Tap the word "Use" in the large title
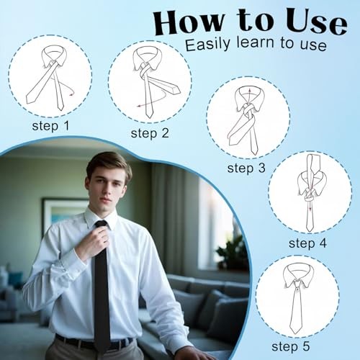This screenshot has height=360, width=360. pos(316,23)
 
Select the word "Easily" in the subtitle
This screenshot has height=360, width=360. pos(207,44)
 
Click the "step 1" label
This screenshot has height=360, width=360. pos(50,126)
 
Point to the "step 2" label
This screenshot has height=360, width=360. pos(150,133)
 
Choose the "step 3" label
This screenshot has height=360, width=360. pos(246,168)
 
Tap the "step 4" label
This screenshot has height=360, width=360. pos(307,243)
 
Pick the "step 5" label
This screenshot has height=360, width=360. pos(291,346)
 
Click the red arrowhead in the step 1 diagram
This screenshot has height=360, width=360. pos(71,95)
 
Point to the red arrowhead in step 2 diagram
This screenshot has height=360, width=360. pos(139,106)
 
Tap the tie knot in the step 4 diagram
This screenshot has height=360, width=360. pos(309,197)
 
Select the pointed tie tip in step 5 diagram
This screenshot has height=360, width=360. pos(294,333)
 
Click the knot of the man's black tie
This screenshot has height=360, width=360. pos(101,225)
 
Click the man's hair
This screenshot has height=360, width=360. pos(109,164)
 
